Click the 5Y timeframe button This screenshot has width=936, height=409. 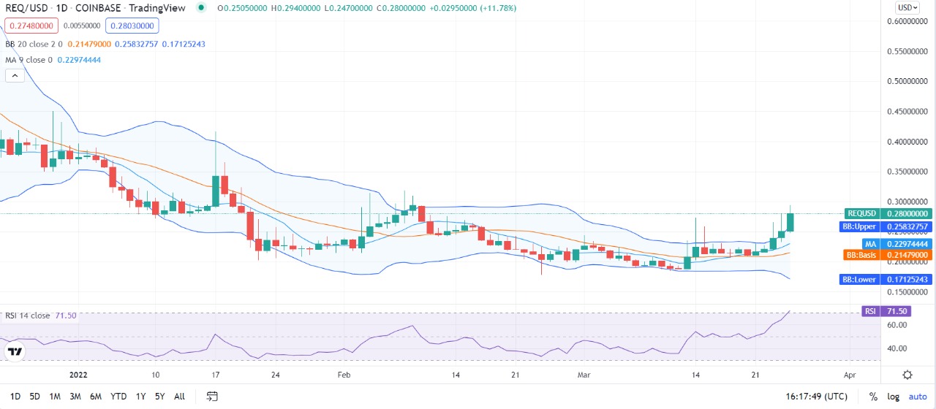click(x=159, y=397)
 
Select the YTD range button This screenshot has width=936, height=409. click(x=118, y=397)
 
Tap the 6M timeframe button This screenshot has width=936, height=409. click(x=96, y=397)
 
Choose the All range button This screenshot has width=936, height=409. click(x=179, y=397)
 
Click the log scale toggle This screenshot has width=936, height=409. click(x=894, y=397)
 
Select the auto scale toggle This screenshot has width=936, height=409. click(x=917, y=397)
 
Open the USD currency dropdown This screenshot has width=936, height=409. click(x=907, y=7)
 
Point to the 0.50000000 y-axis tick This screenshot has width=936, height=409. click(x=906, y=81)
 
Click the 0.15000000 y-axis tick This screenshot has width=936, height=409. click(x=906, y=291)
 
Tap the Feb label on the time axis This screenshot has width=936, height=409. click(x=344, y=375)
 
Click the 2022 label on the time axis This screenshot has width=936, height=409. click(x=78, y=375)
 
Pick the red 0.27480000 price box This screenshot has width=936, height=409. click(x=29, y=26)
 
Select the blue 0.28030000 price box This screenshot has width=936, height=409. click(x=132, y=26)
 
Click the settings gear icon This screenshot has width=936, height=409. click(x=907, y=375)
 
